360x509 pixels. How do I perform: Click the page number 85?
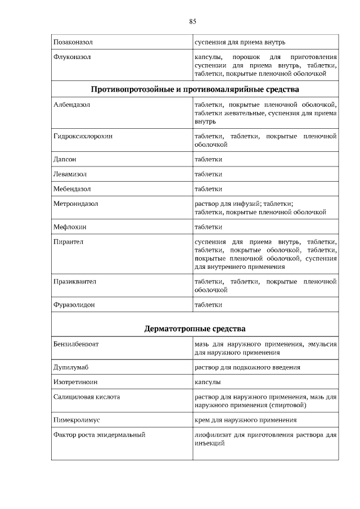(192, 22)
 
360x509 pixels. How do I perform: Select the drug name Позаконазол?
(73, 42)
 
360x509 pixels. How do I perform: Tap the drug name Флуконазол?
(72, 57)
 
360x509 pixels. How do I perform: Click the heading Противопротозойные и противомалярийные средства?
(195, 89)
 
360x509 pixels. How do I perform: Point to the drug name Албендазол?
(71, 105)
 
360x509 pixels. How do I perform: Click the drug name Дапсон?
(65, 160)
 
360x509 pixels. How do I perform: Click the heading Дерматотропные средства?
(195, 328)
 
